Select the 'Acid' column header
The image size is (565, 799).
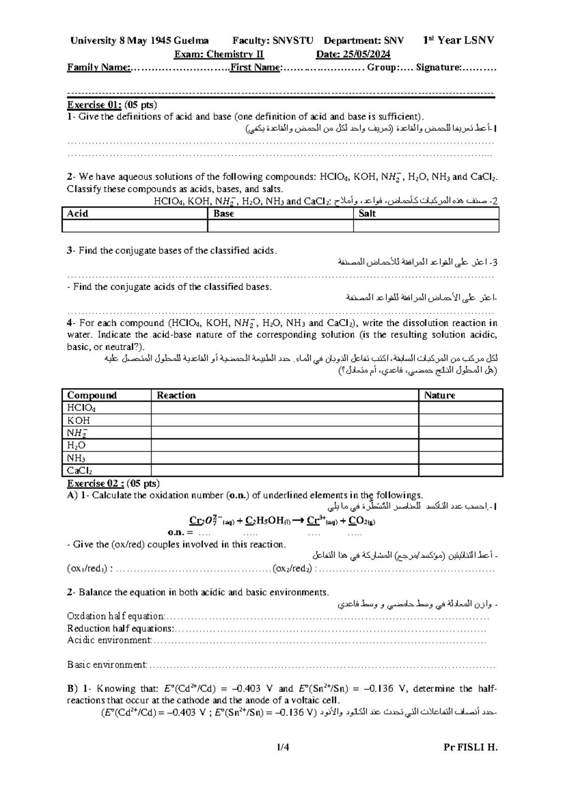point(78,213)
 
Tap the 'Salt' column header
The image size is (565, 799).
point(367,213)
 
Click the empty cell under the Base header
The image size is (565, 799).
point(280,226)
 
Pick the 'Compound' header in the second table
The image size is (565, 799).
point(91,395)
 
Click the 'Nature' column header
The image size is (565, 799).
point(439,395)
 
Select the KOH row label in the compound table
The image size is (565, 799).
point(78,420)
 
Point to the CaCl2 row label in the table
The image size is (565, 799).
point(79,470)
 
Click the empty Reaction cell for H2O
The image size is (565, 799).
point(284,445)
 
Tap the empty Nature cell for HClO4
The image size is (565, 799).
point(460,408)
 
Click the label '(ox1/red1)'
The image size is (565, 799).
point(88,569)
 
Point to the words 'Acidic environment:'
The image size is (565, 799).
point(110,640)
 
